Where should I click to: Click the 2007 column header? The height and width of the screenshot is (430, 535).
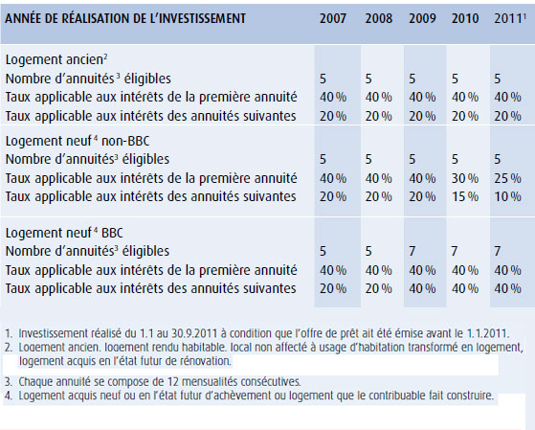pos(333,18)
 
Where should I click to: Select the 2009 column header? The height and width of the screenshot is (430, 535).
pos(422,18)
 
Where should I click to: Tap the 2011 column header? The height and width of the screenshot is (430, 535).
pos(508,18)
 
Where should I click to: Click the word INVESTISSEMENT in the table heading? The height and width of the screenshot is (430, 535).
pos(202,18)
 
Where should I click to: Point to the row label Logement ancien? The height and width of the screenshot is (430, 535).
pos(56,59)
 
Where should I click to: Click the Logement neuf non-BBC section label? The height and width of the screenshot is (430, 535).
pos(78,141)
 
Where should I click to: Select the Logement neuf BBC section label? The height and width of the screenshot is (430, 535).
pos(64,233)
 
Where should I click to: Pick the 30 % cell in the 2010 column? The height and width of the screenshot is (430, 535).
pos(465,178)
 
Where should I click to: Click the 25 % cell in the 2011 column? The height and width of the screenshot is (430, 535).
pos(507,178)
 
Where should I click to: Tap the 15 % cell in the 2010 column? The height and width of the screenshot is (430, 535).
pos(465,196)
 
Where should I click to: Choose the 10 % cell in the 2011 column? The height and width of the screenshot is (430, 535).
pos(507,196)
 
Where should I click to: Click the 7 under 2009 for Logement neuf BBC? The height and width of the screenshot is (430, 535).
pos(412,251)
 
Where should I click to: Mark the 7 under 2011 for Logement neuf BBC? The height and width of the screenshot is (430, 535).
pos(498,251)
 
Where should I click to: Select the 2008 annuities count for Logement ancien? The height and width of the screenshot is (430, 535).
pos(368,79)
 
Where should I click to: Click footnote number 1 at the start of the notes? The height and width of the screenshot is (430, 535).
pos(9,333)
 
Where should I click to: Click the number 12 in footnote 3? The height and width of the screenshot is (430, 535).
pos(174,381)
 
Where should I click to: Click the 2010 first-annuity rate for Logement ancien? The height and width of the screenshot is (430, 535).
pos(465,98)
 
